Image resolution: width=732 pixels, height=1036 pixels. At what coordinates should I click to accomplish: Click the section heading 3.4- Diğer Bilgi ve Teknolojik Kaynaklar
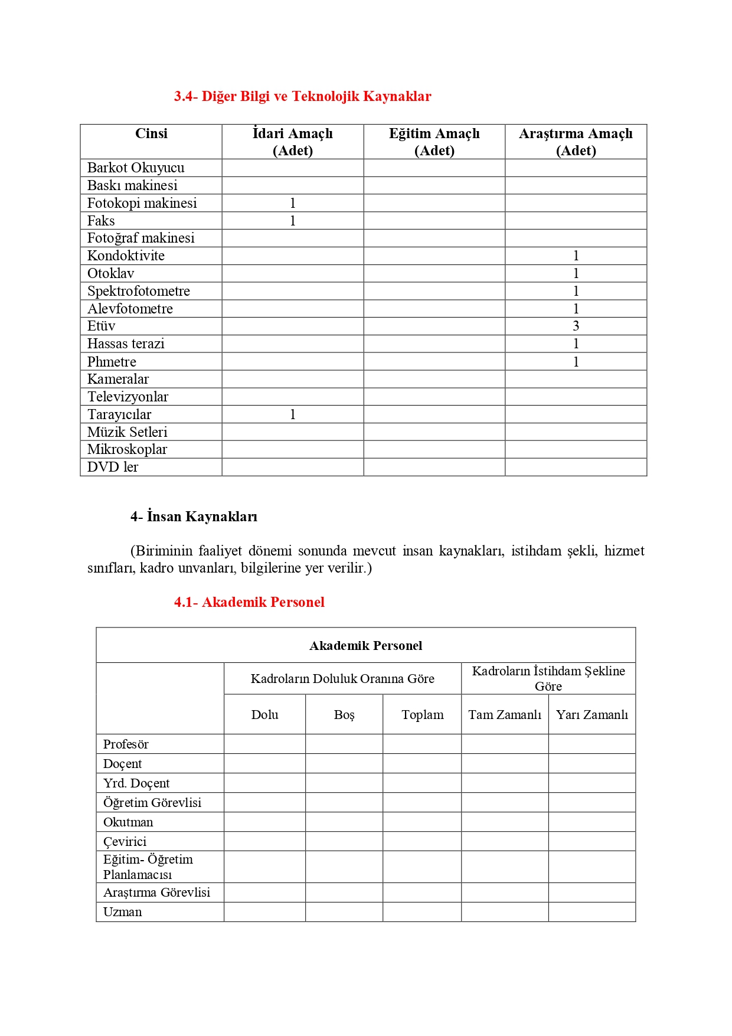[x=302, y=96]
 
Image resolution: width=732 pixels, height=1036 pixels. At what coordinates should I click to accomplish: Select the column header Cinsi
[x=151, y=134]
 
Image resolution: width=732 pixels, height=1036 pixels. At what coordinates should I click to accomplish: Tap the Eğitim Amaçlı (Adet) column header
[x=434, y=142]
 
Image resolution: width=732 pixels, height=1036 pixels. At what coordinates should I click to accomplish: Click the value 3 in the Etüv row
[x=576, y=326]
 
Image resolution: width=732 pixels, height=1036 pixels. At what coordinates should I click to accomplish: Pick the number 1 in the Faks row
[x=292, y=221]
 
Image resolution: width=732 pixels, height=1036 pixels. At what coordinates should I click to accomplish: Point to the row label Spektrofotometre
[x=139, y=291]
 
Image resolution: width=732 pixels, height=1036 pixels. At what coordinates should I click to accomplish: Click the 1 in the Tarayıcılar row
[x=292, y=414]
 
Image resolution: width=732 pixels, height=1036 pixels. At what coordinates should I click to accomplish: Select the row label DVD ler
[x=113, y=467]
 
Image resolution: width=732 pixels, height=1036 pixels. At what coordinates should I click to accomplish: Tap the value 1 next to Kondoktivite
[x=576, y=256]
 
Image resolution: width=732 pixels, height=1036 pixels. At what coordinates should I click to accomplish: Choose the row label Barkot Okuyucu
[x=136, y=168]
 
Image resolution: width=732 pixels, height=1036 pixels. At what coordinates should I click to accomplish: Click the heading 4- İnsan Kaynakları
[x=194, y=517]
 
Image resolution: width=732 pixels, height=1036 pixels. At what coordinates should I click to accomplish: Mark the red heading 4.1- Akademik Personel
[x=249, y=602]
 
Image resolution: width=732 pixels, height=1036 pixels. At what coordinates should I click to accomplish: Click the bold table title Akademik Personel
[x=365, y=646]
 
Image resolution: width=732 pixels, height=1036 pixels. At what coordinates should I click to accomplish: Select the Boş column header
[x=344, y=715]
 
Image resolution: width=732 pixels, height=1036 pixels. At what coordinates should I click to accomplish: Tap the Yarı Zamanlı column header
[x=592, y=715]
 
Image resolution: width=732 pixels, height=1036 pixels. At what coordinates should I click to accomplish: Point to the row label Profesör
[x=126, y=744]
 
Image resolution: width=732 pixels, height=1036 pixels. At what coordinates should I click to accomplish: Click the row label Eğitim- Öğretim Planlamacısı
[x=148, y=867]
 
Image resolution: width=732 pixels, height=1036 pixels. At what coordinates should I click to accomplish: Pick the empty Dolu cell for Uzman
[x=264, y=912]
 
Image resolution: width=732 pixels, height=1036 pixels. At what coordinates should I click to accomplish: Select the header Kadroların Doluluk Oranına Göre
[x=342, y=679]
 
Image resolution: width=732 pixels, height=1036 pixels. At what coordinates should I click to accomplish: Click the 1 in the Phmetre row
[x=576, y=362]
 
